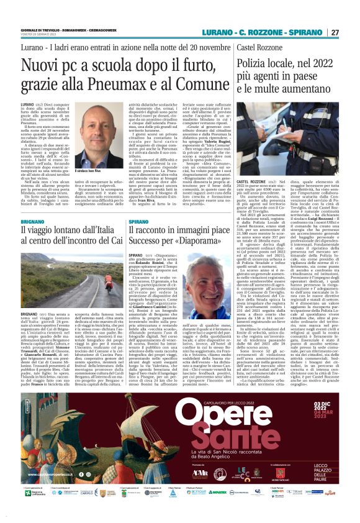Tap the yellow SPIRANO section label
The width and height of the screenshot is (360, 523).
(139, 221)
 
